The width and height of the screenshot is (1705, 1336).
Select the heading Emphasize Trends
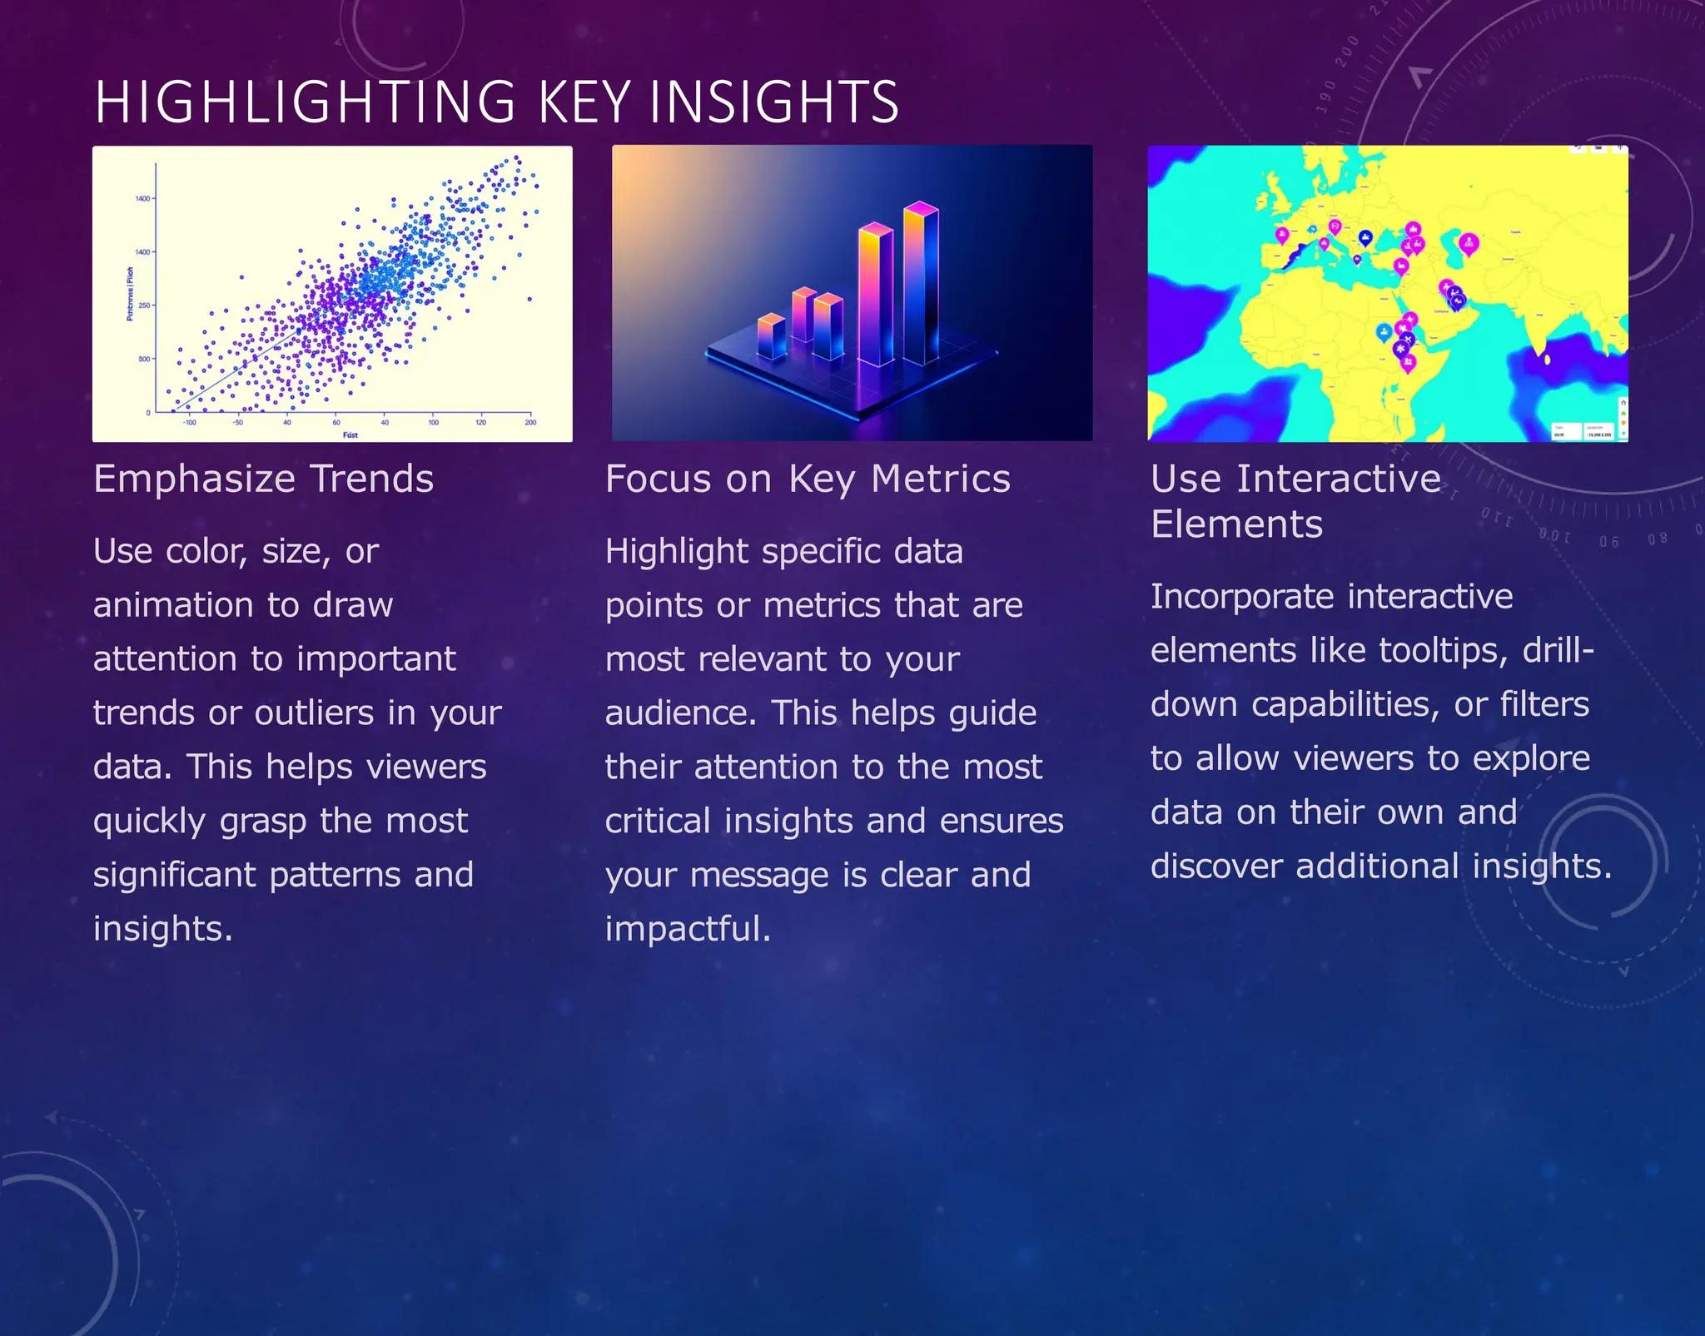pyautogui.click(x=263, y=479)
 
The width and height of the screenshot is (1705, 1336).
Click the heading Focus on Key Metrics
pyautogui.click(x=807, y=479)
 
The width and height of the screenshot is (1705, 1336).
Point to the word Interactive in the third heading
pyautogui.click(x=1338, y=479)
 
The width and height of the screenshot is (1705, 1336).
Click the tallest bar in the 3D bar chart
pyautogui.click(x=921, y=283)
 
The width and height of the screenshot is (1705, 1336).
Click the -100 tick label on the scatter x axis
pyautogui.click(x=190, y=423)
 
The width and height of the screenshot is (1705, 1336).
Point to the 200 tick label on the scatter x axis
pyautogui.click(x=530, y=423)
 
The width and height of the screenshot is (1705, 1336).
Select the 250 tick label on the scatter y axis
pyautogui.click(x=144, y=305)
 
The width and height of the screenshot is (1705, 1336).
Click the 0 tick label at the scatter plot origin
pyautogui.click(x=148, y=413)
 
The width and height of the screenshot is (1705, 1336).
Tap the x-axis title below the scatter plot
pyautogui.click(x=350, y=435)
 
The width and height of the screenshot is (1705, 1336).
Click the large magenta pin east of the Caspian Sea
pyautogui.click(x=1469, y=243)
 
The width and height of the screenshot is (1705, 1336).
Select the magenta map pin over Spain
pyautogui.click(x=1282, y=236)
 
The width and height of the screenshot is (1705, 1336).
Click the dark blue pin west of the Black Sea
pyautogui.click(x=1365, y=238)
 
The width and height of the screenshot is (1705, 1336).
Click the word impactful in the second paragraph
pyautogui.click(x=688, y=929)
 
